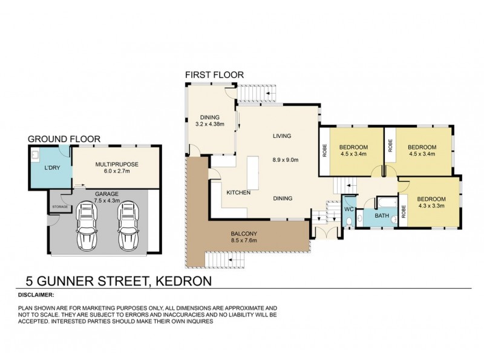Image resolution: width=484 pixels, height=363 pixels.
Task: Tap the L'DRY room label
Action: pos(51,166)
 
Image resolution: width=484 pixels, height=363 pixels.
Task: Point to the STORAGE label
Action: pos(59,207)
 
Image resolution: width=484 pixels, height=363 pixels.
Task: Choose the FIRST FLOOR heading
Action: pos(214,75)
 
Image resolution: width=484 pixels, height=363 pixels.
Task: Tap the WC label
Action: pos(348,209)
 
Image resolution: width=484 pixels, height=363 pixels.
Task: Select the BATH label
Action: pos(381,215)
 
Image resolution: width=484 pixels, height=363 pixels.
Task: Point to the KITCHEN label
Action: pos(238,192)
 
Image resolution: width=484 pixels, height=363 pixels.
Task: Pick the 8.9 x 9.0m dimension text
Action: pos(283,160)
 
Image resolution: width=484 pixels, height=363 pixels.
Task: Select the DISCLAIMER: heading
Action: pos(36,295)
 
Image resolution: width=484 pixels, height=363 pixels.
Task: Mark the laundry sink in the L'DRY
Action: pos(36,154)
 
